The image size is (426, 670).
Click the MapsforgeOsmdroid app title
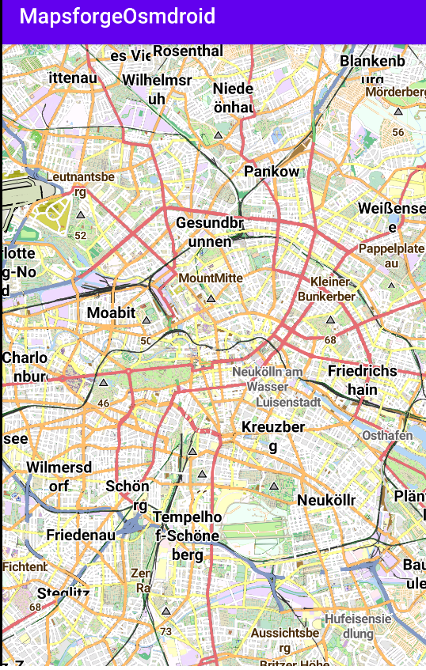pos(117,17)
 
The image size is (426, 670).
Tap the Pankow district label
pos(272,172)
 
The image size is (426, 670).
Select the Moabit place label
pos(112,312)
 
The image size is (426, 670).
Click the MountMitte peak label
pos(211,278)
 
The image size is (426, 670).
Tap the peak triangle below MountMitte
pos(211,298)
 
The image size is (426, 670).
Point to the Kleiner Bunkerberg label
pos(329,289)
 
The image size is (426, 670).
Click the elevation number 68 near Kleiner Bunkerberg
pos(330,339)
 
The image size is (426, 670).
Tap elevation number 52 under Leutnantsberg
pos(80,235)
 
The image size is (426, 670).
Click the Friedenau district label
pos(81,536)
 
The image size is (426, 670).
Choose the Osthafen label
pos(387,436)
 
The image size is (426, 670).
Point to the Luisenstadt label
pos(288,402)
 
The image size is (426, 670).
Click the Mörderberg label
pos(395,92)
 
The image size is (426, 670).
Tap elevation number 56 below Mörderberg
pos(397,132)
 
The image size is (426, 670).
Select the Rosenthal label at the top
pos(188,51)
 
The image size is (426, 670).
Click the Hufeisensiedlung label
pos(358,626)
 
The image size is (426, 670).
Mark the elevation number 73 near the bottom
pos(165,631)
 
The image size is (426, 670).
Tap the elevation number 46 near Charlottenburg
pos(103,403)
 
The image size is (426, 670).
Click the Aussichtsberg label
pos(285,640)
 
